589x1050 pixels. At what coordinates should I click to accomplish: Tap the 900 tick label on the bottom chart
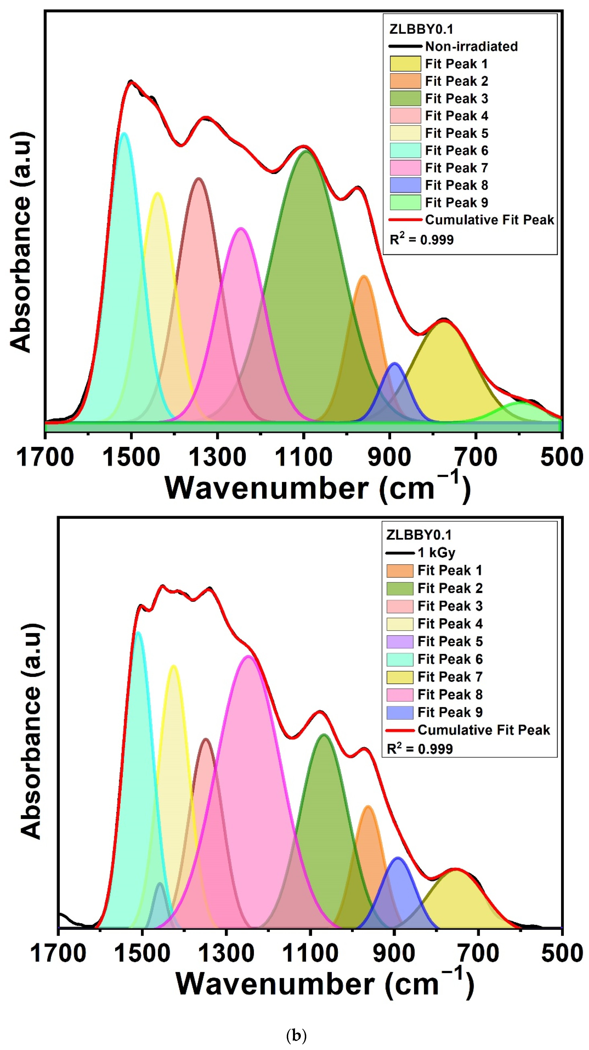point(394,954)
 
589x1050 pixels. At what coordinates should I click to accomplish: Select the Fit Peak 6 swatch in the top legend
point(405,150)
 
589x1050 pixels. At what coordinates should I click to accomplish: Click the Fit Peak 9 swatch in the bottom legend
point(400,712)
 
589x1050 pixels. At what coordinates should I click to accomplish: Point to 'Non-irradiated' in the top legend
point(471,46)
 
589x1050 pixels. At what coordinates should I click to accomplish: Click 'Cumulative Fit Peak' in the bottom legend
point(483,730)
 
